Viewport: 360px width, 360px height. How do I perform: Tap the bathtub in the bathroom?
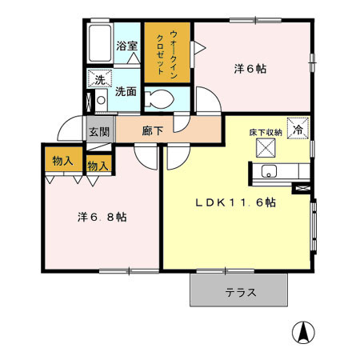click(x=100, y=46)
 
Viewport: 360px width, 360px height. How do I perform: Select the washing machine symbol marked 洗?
click(x=100, y=78)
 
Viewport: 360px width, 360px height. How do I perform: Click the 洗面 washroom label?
click(x=126, y=91)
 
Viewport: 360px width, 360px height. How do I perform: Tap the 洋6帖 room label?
click(x=251, y=69)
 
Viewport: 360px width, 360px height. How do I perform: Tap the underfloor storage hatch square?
click(x=265, y=146)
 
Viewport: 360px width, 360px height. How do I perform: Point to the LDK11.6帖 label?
click(x=237, y=202)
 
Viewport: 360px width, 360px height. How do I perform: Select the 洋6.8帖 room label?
click(x=94, y=217)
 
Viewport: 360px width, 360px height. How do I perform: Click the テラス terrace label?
click(x=240, y=293)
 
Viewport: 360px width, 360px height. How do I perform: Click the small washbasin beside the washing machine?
click(x=100, y=102)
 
